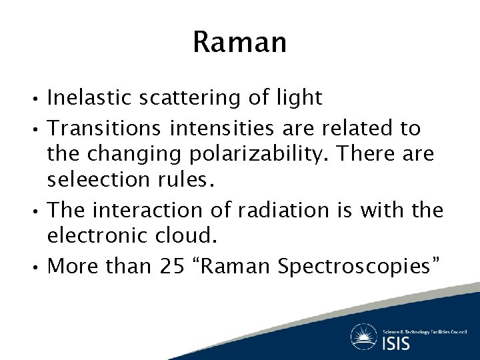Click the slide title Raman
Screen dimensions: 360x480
239,43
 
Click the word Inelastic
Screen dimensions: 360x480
89,98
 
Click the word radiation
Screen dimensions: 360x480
285,210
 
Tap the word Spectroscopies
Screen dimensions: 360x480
357,266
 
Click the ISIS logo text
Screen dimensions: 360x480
396,343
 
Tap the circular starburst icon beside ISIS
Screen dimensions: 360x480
364,337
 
